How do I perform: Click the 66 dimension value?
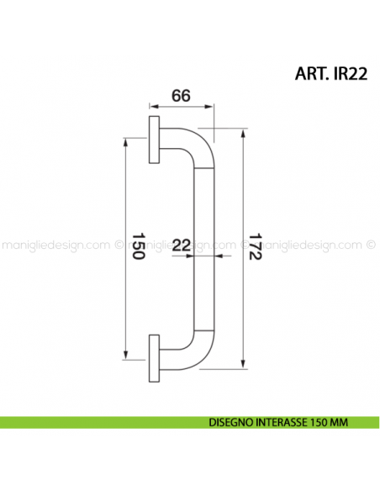(180, 96)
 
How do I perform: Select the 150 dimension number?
(140, 245)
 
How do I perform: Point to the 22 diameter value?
(181, 245)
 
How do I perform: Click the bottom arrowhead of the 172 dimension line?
(245, 367)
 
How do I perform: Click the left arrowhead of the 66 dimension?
(152, 108)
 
